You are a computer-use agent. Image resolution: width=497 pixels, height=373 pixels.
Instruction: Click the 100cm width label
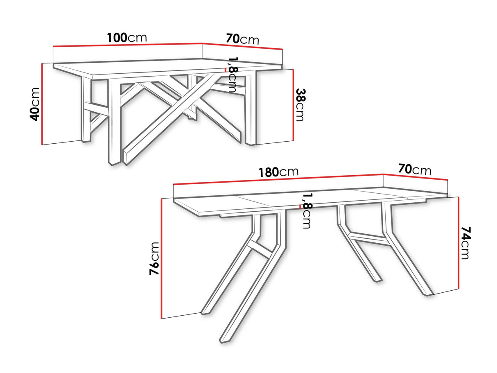(x=127, y=38)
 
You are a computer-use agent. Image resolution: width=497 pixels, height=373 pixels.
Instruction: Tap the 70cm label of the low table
(x=242, y=39)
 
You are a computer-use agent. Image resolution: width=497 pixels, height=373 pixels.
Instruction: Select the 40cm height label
(x=36, y=104)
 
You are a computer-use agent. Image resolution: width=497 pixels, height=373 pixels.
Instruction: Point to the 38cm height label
(x=300, y=105)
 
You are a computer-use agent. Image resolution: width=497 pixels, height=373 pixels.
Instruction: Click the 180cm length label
(x=278, y=172)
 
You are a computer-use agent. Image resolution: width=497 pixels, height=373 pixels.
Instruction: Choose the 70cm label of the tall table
(x=414, y=169)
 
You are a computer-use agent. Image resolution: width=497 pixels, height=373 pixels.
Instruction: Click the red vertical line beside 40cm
(x=42, y=104)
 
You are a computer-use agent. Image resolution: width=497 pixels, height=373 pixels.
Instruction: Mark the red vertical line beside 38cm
(x=294, y=104)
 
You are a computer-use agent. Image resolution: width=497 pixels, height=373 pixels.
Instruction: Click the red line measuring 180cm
(x=278, y=179)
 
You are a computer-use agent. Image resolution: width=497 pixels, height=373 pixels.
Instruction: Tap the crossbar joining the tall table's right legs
(x=366, y=236)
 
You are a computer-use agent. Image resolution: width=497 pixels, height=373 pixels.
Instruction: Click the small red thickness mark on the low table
(x=225, y=70)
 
